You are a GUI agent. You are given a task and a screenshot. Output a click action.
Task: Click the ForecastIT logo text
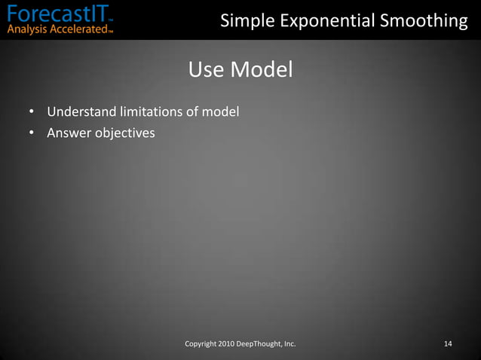(x=57, y=13)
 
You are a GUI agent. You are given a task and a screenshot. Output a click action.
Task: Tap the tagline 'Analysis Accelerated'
(x=57, y=30)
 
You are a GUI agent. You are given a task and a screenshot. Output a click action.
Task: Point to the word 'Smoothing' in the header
(x=427, y=21)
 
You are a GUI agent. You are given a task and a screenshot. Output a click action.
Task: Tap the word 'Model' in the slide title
(x=260, y=70)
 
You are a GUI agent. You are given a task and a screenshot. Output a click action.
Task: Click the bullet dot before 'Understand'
(x=32, y=112)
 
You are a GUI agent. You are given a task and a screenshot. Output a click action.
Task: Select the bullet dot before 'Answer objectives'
(x=32, y=133)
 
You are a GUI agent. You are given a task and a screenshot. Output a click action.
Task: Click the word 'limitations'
(x=150, y=112)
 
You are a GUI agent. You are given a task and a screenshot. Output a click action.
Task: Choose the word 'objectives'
(x=124, y=133)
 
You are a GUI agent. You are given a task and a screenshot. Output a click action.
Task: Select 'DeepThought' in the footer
(x=260, y=344)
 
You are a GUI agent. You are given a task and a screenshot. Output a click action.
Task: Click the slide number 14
(x=448, y=344)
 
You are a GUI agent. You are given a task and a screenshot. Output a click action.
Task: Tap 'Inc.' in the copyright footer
(x=290, y=344)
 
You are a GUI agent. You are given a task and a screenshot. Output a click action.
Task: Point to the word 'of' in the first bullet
(x=194, y=112)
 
